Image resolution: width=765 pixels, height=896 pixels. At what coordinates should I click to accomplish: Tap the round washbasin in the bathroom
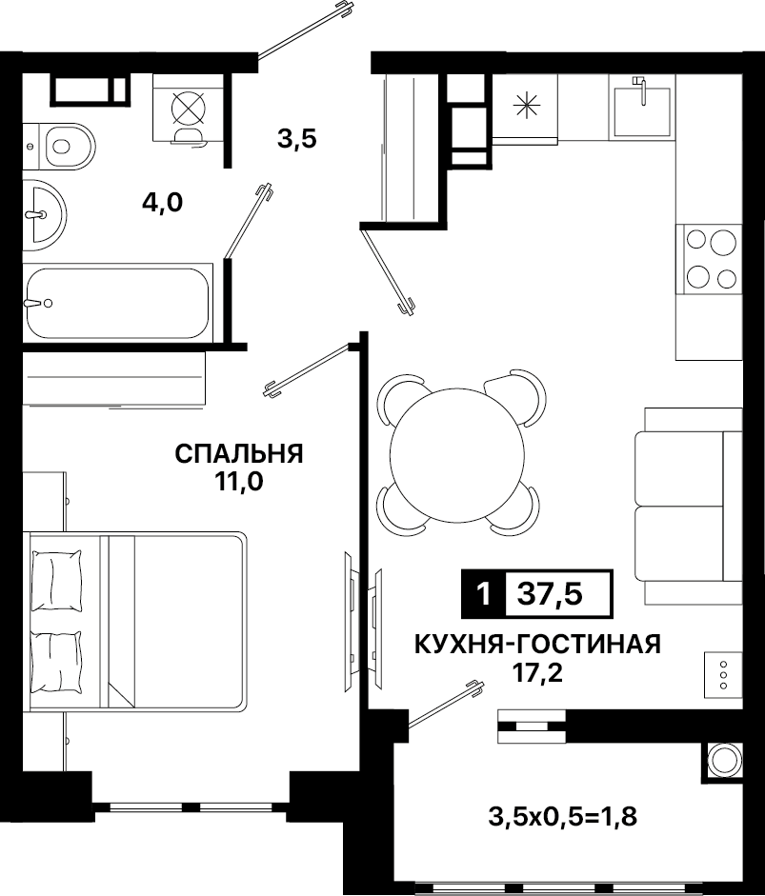coord(45,215)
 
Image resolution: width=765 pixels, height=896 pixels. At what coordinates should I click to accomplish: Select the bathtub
coord(117,303)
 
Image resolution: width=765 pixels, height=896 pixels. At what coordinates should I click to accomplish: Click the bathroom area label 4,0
coord(162,202)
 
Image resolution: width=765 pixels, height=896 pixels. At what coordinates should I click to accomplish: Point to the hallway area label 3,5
coord(297,139)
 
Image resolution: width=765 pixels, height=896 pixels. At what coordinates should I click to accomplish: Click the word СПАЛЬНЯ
coord(239,454)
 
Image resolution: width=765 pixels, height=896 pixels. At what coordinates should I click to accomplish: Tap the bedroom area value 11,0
coord(238,483)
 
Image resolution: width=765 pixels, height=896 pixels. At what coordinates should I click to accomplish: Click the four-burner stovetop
coord(710,259)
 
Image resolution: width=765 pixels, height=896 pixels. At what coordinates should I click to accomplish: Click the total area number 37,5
coord(550,594)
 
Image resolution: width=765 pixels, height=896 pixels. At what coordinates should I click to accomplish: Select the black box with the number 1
coord(483,594)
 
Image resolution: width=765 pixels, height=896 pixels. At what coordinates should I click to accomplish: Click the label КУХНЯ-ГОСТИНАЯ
coord(537,644)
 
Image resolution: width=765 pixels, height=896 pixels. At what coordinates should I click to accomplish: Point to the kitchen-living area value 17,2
coord(537,673)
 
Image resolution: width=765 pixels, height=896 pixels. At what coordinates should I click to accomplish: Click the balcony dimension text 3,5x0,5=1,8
coord(563,817)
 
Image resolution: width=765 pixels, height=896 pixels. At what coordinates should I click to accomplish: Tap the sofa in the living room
coord(689,506)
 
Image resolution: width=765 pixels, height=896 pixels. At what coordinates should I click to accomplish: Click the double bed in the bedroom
coord(135,621)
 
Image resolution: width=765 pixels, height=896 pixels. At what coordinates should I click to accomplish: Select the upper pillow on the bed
coord(56,581)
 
